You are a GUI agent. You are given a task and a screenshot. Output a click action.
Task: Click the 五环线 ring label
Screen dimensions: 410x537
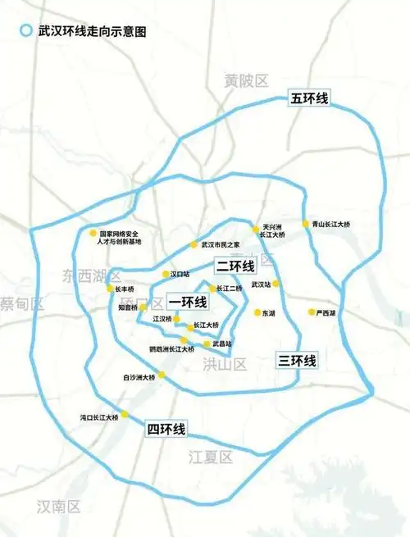click(x=309, y=99)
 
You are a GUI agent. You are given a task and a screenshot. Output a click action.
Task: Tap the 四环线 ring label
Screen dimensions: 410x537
click(x=166, y=429)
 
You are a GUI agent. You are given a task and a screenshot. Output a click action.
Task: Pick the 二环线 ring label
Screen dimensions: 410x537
click(x=235, y=266)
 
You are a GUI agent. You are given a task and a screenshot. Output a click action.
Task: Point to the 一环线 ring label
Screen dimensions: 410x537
click(x=187, y=302)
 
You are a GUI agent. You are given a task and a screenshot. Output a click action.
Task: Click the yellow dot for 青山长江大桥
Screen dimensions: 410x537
click(x=305, y=223)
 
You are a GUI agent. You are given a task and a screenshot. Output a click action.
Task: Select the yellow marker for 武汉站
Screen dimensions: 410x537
click(x=277, y=284)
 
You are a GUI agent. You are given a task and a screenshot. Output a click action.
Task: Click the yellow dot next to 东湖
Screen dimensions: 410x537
click(x=257, y=312)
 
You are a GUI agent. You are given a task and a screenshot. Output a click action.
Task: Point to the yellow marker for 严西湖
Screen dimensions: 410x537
click(x=312, y=312)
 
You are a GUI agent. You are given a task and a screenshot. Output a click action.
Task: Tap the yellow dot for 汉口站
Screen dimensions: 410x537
click(x=164, y=275)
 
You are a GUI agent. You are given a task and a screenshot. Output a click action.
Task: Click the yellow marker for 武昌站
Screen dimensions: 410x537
click(x=207, y=344)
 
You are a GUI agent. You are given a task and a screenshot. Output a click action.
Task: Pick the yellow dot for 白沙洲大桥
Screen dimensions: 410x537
click(x=162, y=375)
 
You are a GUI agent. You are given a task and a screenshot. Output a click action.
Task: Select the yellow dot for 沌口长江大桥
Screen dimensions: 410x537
click(x=125, y=414)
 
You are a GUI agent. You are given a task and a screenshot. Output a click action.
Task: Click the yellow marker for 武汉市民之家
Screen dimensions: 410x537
click(x=194, y=243)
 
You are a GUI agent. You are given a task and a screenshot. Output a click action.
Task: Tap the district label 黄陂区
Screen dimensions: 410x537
click(x=247, y=80)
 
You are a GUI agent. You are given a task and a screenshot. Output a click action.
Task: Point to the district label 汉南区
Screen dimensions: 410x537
click(x=59, y=507)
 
